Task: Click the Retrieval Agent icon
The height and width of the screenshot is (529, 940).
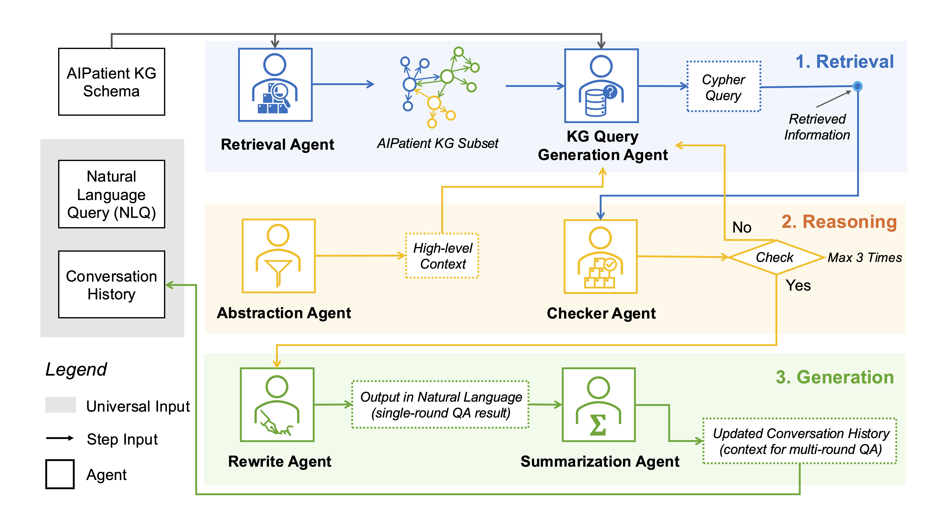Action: pyautogui.click(x=275, y=85)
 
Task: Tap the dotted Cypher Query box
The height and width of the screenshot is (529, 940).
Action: pyautogui.click(x=724, y=87)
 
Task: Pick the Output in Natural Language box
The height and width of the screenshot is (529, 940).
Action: pyautogui.click(x=440, y=405)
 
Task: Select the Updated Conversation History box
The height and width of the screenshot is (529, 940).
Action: pyautogui.click(x=800, y=441)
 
